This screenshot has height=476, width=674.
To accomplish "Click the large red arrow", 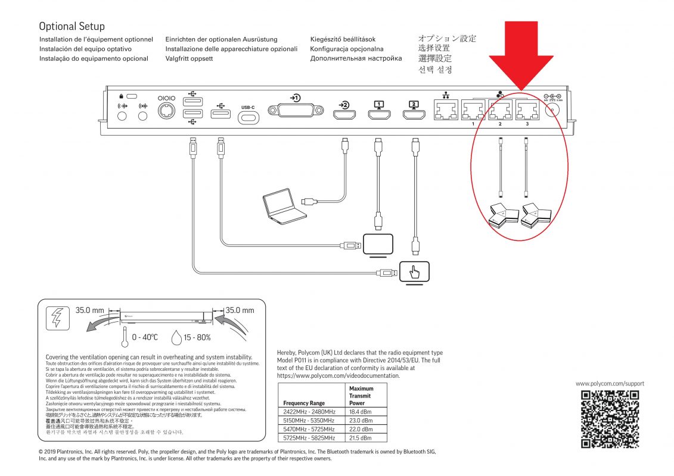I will (x=521, y=54).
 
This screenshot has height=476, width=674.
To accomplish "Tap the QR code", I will (x=610, y=419).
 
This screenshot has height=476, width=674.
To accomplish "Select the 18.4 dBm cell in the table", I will (x=361, y=412).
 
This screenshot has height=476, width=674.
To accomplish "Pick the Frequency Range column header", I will (x=304, y=403).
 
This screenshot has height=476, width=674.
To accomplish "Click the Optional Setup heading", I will (x=72, y=26).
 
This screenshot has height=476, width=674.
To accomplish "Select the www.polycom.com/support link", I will (x=610, y=384).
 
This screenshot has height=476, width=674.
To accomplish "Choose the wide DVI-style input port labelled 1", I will (x=296, y=111).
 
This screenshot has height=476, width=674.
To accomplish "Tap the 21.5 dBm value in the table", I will (x=361, y=438).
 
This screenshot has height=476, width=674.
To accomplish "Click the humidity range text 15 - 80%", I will (x=198, y=338).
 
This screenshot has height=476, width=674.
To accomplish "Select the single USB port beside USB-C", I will (x=220, y=113).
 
